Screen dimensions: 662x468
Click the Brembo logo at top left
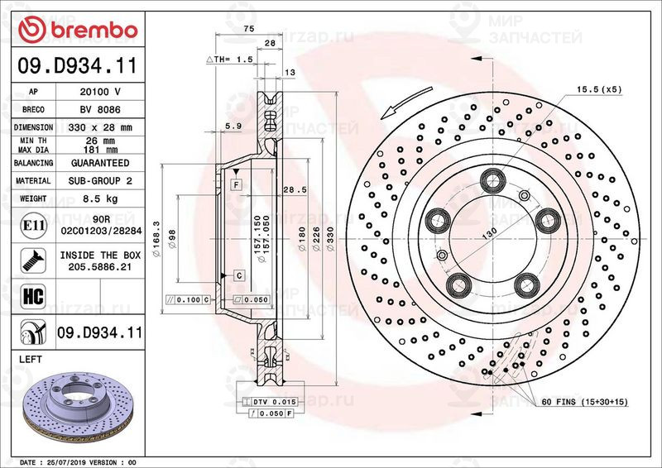click(x=78, y=30)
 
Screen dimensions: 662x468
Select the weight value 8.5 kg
click(x=100, y=198)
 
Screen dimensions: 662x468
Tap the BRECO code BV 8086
click(x=100, y=110)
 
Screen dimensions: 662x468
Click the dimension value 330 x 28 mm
click(x=100, y=127)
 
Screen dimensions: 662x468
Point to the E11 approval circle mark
click(x=33, y=226)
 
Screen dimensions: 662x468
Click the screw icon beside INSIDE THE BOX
click(x=33, y=260)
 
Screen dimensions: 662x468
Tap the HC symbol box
click(x=33, y=296)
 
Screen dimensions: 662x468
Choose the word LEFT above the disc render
click(x=31, y=360)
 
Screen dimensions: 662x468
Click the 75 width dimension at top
click(x=249, y=29)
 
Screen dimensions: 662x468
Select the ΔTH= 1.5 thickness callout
click(x=230, y=60)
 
